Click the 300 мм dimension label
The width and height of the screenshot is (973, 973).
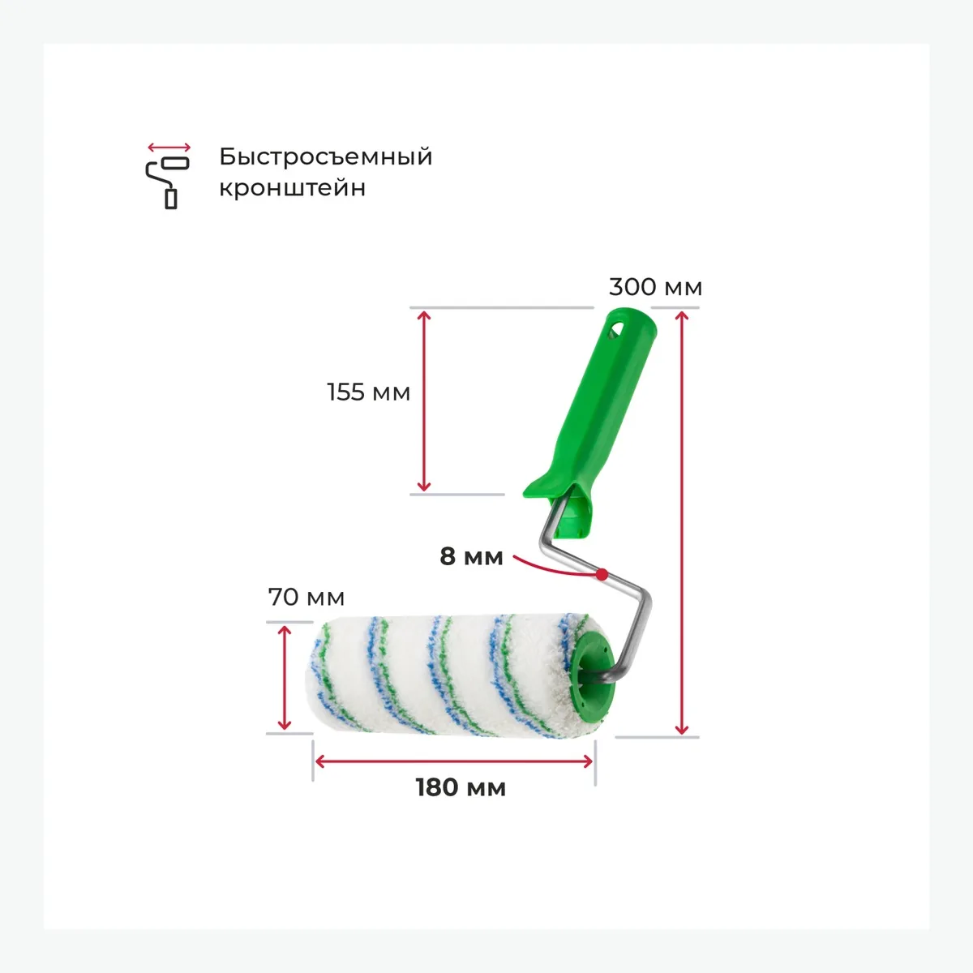tap(655, 287)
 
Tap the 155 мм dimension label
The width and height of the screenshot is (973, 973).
tap(369, 392)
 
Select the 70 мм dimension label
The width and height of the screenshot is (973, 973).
tap(306, 598)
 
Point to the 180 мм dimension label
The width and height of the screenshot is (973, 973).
tap(461, 787)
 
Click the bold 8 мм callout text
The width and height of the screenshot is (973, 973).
tap(471, 556)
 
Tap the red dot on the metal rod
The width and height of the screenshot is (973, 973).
tap(602, 574)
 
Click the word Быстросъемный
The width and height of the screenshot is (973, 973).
tap(326, 156)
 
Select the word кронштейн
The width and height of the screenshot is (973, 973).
tap(293, 188)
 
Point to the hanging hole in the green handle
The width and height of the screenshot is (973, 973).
tap(617, 328)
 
